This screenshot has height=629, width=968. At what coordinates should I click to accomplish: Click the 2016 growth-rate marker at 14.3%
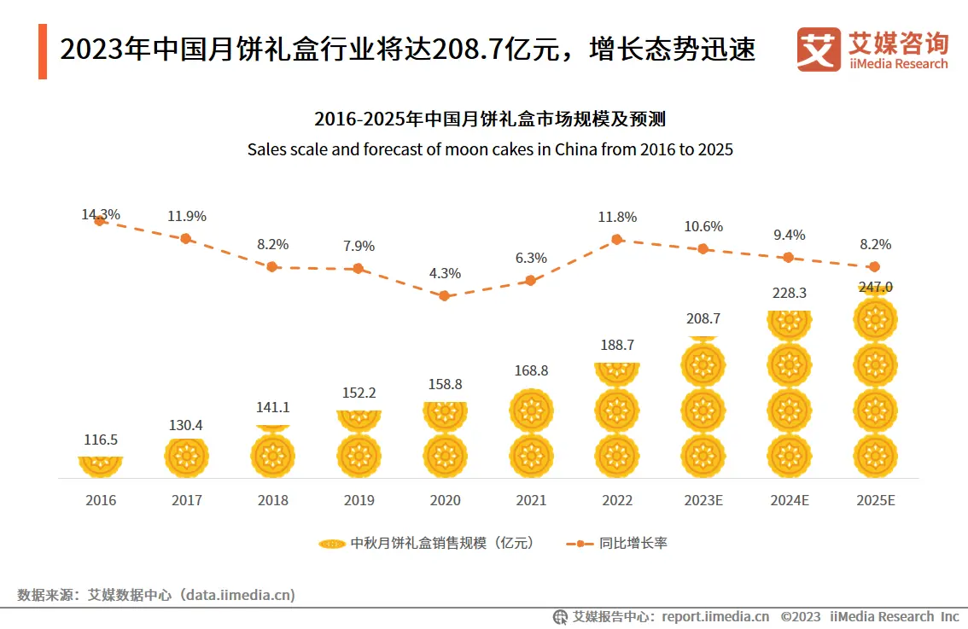click(x=100, y=219)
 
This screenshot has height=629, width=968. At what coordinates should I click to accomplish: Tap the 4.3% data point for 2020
click(x=444, y=295)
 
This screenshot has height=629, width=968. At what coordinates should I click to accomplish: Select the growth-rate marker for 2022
click(x=616, y=240)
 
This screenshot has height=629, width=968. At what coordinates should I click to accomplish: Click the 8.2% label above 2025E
click(x=874, y=244)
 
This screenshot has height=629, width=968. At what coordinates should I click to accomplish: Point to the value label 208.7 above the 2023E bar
click(x=703, y=318)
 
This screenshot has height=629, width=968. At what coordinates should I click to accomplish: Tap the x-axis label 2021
click(x=530, y=500)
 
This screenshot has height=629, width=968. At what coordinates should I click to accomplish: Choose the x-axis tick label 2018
click(x=272, y=500)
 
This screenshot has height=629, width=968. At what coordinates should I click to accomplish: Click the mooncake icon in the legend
click(x=331, y=543)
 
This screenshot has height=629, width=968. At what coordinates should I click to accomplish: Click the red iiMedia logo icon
click(x=819, y=50)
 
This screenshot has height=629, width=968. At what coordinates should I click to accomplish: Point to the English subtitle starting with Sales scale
click(x=490, y=149)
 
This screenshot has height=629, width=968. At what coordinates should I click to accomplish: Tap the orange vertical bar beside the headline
click(x=43, y=51)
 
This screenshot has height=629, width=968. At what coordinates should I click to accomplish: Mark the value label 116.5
click(x=101, y=440)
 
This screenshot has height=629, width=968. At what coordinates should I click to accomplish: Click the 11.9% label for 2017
click(x=186, y=216)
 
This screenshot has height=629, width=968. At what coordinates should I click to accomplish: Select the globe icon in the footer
click(x=561, y=616)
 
